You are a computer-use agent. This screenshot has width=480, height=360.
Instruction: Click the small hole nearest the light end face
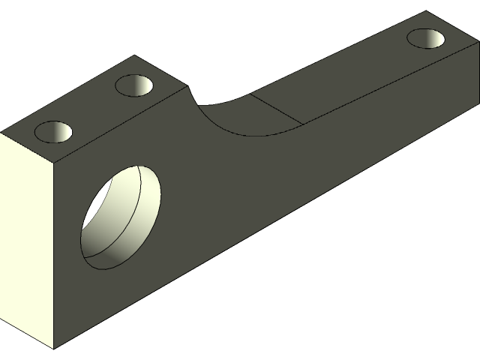[x=54, y=132]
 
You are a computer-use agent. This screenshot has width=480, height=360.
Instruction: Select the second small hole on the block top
[x=134, y=85]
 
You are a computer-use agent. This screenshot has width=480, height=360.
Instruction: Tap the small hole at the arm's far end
[x=425, y=37]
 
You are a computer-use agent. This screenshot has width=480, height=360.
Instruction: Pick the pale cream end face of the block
[x=27, y=232]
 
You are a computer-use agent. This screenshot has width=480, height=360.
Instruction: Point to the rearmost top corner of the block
[x=134, y=55]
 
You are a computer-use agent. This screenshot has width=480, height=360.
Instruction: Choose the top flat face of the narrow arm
[x=352, y=75]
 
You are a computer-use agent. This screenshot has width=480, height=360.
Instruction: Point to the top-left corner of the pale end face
[x=1, y=133]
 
